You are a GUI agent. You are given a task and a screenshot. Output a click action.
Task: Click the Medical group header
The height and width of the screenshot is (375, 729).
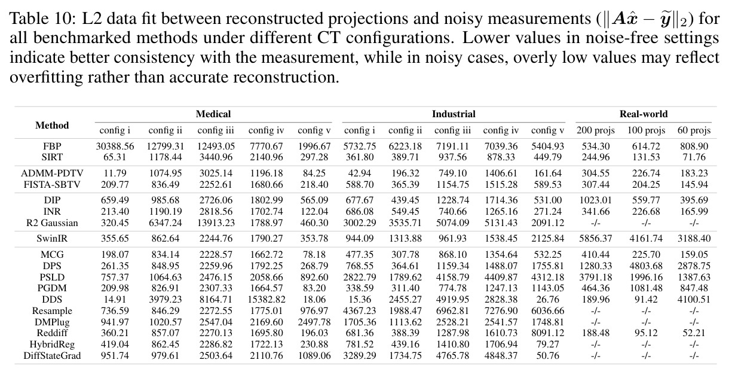tap(213, 114)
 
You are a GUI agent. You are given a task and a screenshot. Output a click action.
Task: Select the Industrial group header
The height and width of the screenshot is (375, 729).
tap(454, 114)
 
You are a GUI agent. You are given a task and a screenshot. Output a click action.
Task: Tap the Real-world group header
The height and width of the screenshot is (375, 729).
tap(644, 114)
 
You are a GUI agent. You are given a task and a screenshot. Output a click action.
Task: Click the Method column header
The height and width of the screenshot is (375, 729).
tap(52, 126)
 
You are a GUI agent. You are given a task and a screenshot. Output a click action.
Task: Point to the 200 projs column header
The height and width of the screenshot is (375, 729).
tap(596, 130)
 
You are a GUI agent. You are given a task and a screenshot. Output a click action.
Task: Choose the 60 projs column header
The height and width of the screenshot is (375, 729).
tap(694, 130)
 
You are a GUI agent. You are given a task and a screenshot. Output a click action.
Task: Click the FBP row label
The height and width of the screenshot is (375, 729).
tap(52, 147)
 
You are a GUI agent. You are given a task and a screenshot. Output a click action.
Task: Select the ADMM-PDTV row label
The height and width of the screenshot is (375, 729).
tap(52, 173)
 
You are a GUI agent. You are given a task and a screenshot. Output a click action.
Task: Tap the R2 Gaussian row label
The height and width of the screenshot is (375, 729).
tap(52, 223)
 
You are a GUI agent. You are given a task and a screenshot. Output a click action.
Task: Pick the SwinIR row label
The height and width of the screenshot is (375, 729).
tap(52, 239)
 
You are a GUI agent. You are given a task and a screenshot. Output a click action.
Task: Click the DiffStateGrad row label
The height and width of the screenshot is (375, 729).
tap(52, 355)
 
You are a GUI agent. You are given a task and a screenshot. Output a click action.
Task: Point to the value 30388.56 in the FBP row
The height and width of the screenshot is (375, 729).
tap(115, 147)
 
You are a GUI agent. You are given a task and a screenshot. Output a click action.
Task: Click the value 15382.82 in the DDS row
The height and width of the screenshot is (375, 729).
tap(267, 299)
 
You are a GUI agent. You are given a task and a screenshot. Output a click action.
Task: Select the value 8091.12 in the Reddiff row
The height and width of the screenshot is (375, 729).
tap(548, 333)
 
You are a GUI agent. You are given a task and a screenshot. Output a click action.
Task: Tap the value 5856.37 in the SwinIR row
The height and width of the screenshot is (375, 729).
tap(596, 239)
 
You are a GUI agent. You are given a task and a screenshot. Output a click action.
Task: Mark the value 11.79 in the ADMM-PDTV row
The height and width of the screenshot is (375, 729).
tap(115, 173)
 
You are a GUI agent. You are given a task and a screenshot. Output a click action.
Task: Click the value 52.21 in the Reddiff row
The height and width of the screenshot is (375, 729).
tap(694, 333)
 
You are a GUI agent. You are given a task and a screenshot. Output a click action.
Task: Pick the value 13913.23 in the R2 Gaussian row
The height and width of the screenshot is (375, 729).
tap(216, 223)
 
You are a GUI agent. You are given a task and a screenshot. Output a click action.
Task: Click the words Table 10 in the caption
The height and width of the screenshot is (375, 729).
tap(42, 19)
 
